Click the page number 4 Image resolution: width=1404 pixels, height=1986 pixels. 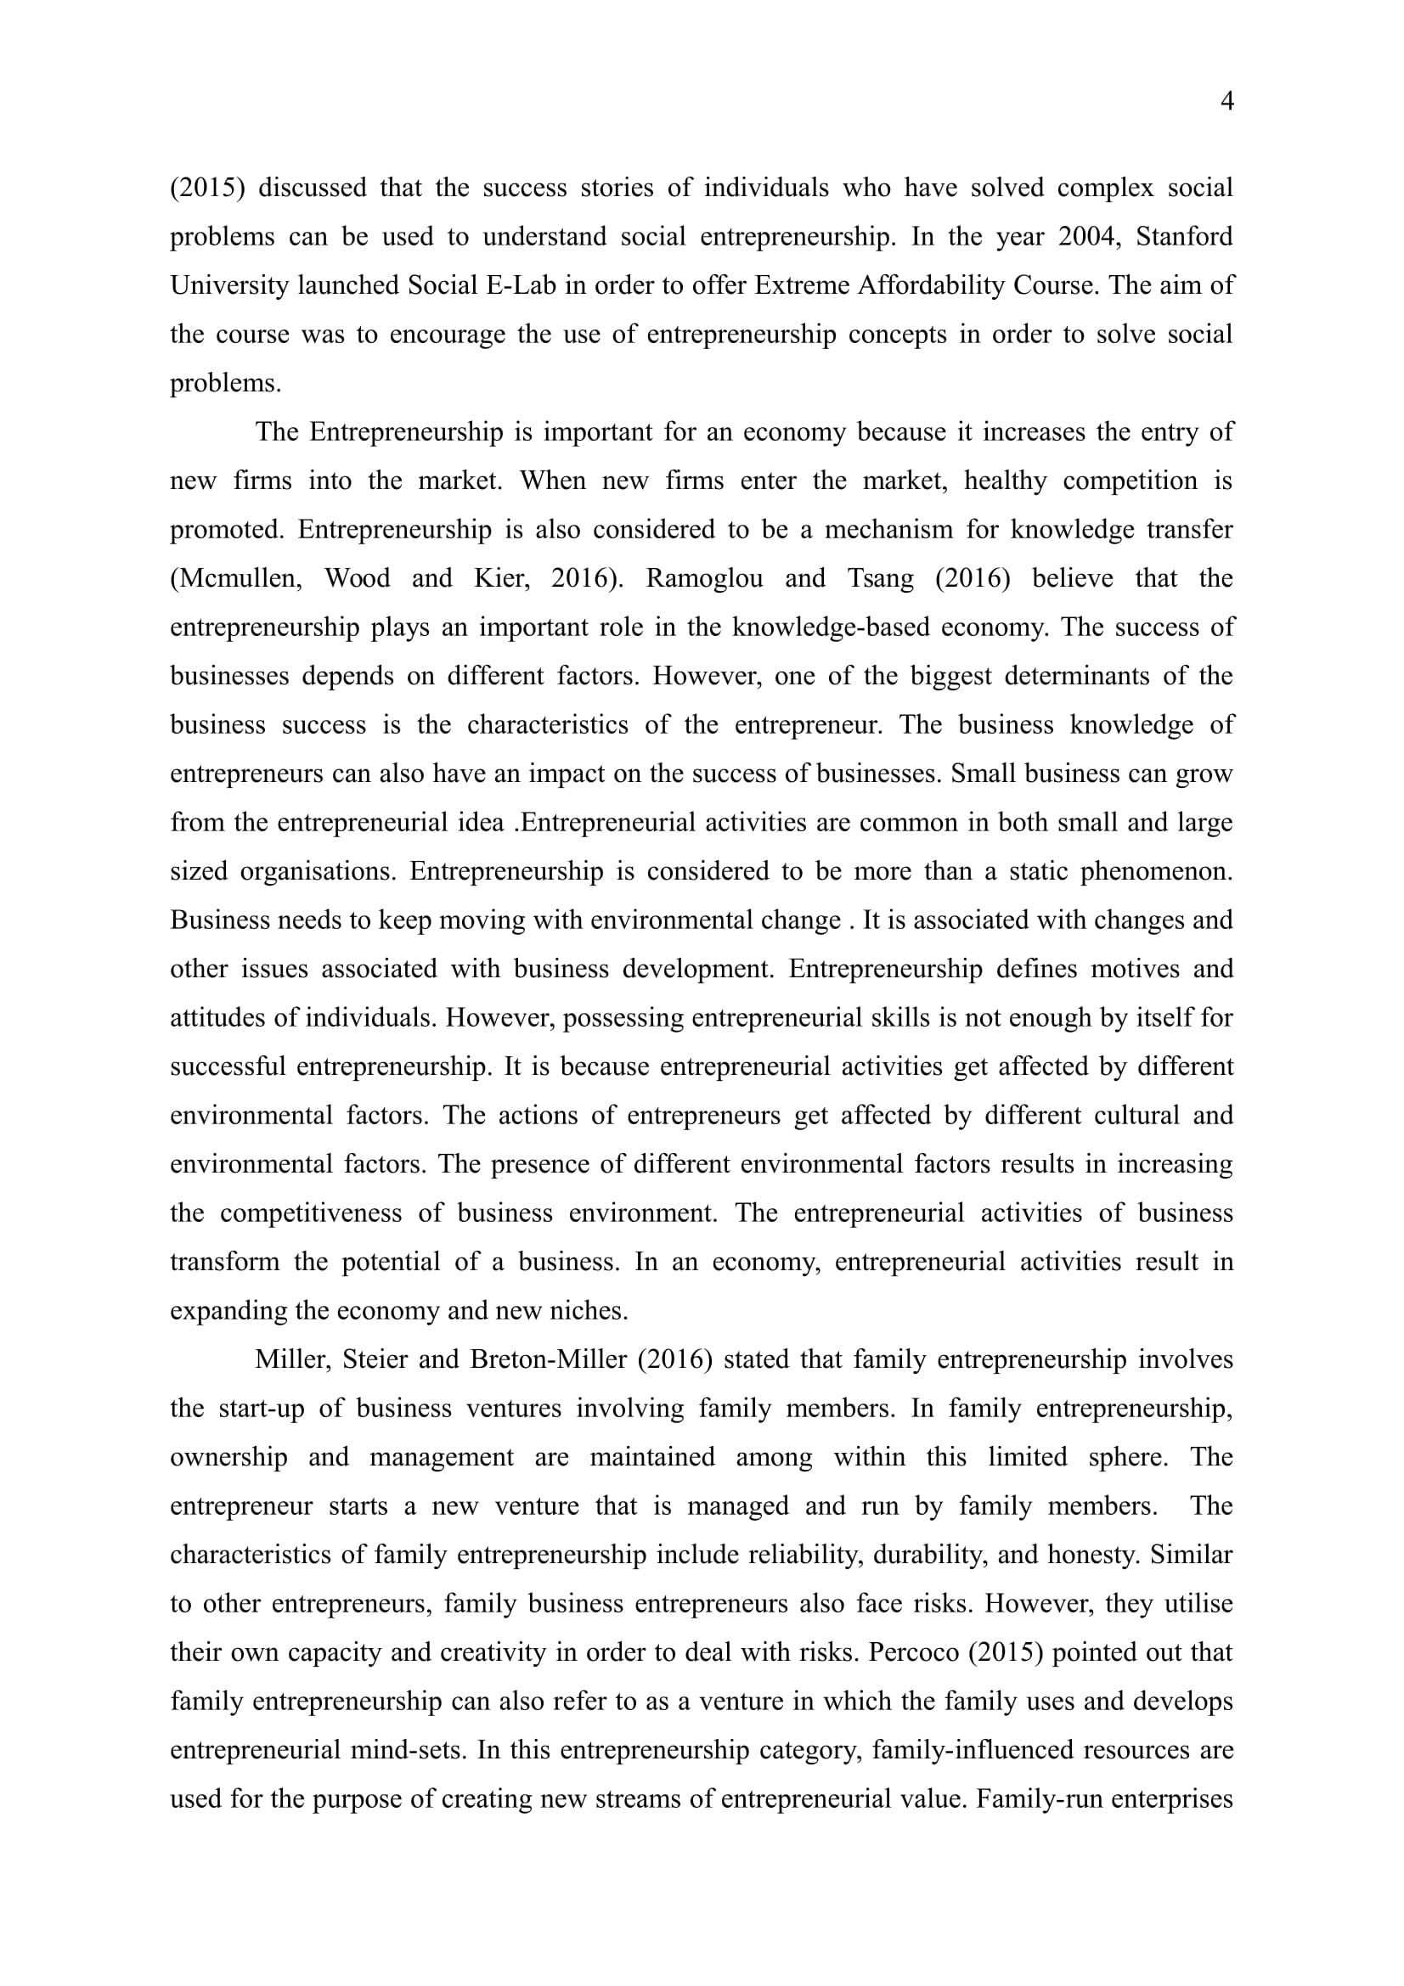click(1226, 102)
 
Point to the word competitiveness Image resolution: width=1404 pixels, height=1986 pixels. click(311, 1212)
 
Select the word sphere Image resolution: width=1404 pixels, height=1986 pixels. click(1128, 1457)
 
